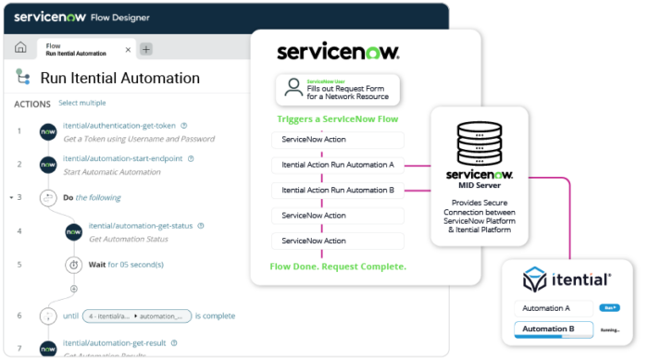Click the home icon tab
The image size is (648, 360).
pyautogui.click(x=20, y=48)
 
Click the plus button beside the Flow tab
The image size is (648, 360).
pyautogui.click(x=146, y=49)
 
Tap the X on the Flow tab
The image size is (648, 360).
pyautogui.click(x=128, y=50)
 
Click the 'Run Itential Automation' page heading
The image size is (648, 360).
pyautogui.click(x=119, y=78)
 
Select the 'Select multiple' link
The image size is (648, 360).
pyautogui.click(x=81, y=103)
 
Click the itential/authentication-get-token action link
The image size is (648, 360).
pyautogui.click(x=119, y=126)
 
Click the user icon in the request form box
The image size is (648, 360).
pyautogui.click(x=293, y=90)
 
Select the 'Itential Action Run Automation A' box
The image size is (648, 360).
pyautogui.click(x=337, y=165)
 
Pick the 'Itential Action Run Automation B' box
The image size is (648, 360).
pyautogui.click(x=337, y=190)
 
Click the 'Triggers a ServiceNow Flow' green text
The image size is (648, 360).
pyautogui.click(x=337, y=119)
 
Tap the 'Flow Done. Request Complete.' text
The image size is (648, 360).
pyautogui.click(x=337, y=266)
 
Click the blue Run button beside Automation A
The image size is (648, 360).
pyautogui.click(x=609, y=307)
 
